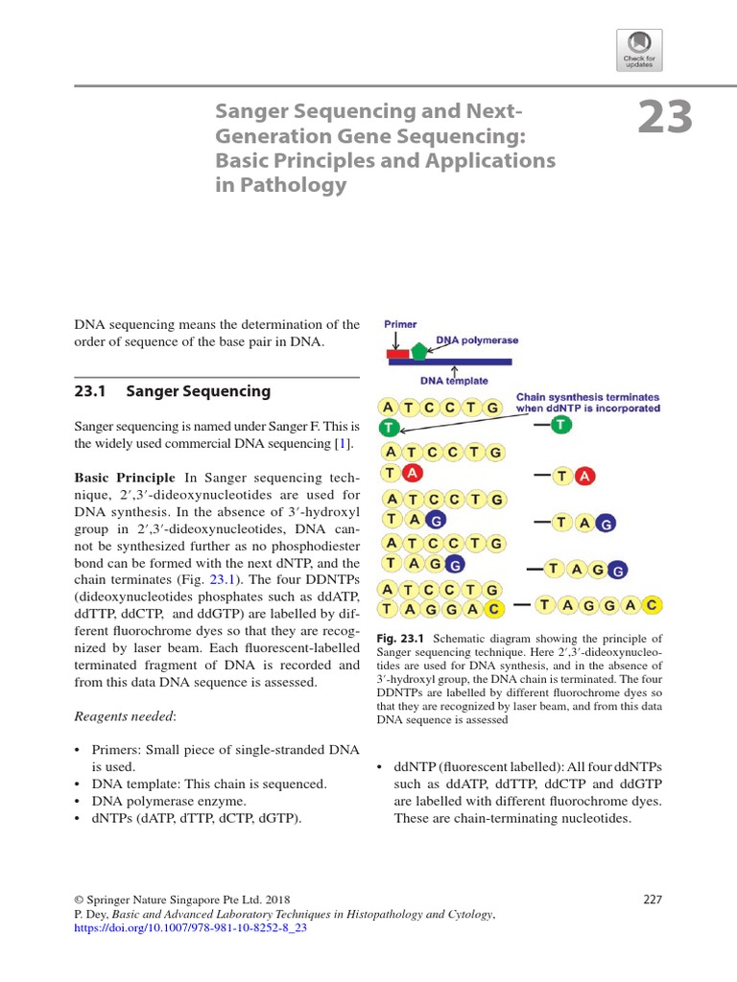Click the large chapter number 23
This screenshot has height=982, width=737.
click(665, 118)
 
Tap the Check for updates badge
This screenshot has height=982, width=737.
click(639, 48)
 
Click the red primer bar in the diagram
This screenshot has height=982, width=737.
click(397, 354)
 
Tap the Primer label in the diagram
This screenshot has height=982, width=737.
click(400, 325)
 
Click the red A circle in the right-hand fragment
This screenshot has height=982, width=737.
click(584, 476)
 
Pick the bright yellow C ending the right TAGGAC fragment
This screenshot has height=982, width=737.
click(651, 604)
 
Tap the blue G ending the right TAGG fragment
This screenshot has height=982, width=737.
click(618, 571)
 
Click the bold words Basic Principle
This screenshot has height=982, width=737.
click(125, 477)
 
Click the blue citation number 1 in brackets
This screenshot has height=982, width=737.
click(342, 443)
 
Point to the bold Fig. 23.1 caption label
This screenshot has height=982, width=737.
click(399, 639)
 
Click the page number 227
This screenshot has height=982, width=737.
click(653, 900)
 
